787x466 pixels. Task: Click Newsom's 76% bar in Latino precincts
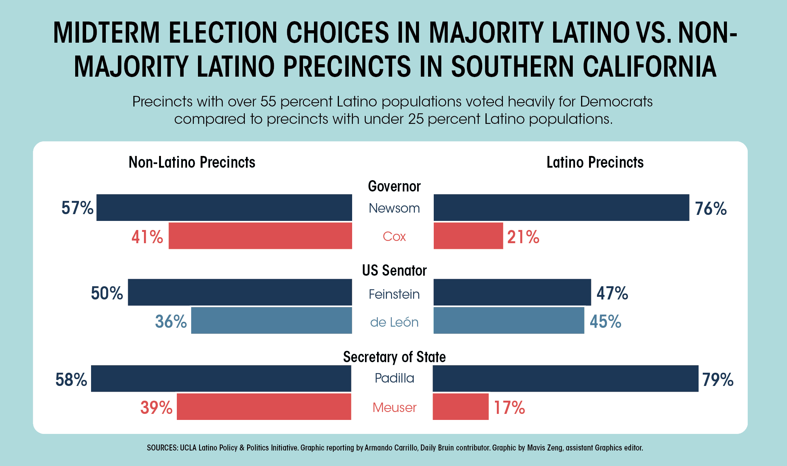pyautogui.click(x=561, y=208)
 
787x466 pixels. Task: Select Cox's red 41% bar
pyautogui.click(x=260, y=236)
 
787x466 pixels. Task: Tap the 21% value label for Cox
pyautogui.click(x=523, y=237)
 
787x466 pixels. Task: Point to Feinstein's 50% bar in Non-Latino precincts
pyautogui.click(x=240, y=292)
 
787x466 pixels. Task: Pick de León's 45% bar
pyautogui.click(x=509, y=321)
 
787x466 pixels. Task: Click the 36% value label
pyautogui.click(x=171, y=322)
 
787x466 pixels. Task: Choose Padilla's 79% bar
pyautogui.click(x=565, y=378)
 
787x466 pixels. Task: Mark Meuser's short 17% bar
pyautogui.click(x=460, y=407)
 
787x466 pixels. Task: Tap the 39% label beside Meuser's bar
pyautogui.click(x=156, y=408)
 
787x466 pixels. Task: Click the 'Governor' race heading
pyautogui.click(x=394, y=187)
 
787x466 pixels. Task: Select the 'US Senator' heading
pyautogui.click(x=394, y=271)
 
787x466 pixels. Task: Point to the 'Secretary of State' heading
pyautogui.click(x=394, y=357)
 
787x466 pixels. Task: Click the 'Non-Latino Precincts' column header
pyautogui.click(x=192, y=162)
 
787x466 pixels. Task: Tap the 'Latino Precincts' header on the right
pyautogui.click(x=595, y=162)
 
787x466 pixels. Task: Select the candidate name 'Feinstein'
pyautogui.click(x=394, y=294)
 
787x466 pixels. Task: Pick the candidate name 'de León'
pyautogui.click(x=394, y=322)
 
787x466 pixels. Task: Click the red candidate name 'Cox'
pyautogui.click(x=394, y=237)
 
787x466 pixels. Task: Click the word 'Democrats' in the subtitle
pyautogui.click(x=616, y=102)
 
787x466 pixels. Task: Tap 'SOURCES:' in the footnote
pyautogui.click(x=162, y=448)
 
